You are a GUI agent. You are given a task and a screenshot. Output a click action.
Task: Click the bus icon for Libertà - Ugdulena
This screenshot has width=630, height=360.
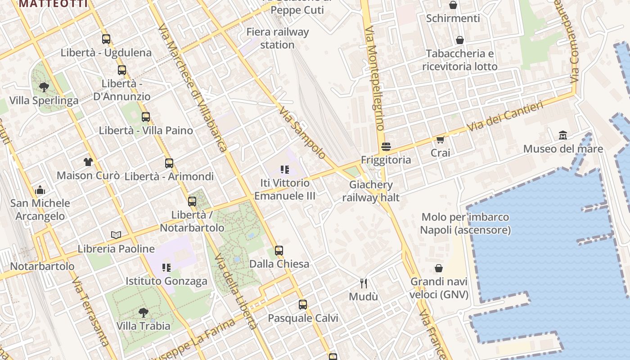point(106,39)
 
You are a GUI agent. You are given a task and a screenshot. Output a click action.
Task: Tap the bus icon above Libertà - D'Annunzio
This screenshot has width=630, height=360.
point(122,70)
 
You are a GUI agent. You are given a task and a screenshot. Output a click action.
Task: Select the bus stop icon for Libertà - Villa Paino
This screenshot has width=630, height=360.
point(146,117)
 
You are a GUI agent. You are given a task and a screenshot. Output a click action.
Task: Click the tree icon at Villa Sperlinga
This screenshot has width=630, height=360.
point(44,87)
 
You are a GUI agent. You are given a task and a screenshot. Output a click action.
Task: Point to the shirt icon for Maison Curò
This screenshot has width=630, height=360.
point(88,162)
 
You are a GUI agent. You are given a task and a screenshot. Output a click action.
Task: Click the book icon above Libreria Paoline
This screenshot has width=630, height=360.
point(116,235)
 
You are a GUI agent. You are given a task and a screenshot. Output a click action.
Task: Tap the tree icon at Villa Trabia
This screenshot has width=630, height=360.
point(144,312)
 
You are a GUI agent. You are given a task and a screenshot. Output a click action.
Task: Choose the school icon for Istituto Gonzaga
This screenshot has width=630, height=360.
point(166,268)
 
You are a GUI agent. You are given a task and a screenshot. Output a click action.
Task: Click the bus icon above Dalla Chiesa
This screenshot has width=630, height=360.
point(279,251)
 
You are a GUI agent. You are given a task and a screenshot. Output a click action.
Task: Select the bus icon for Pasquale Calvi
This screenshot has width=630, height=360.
point(303,305)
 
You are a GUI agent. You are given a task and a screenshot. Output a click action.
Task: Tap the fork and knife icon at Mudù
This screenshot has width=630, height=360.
point(364,283)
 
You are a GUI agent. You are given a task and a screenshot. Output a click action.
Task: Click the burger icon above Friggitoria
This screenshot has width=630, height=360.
point(386,146)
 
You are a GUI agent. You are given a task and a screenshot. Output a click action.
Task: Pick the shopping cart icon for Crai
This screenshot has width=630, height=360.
point(440,139)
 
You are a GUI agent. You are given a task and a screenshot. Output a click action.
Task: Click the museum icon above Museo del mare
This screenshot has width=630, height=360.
point(562,135)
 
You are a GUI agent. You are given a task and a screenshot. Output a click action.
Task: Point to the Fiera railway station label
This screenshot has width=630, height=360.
point(278,38)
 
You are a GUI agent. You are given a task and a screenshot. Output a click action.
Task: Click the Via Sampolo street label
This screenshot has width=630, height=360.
point(302,132)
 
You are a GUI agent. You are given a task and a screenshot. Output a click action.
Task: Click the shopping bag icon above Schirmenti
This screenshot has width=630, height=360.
point(453,5)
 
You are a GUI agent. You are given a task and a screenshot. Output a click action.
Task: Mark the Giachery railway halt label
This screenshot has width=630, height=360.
point(371,191)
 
